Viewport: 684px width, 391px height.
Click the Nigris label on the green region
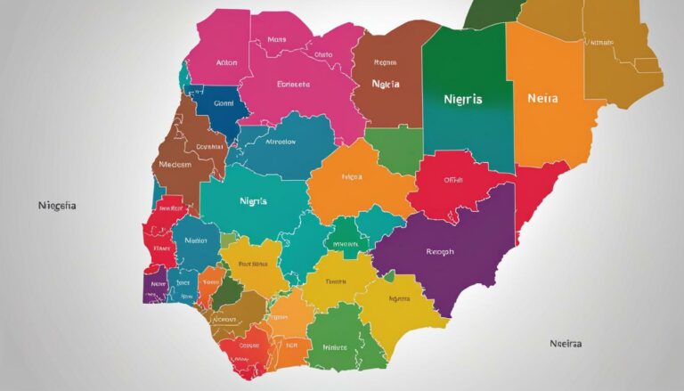point(462,100)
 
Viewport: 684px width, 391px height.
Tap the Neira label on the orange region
point(542,99)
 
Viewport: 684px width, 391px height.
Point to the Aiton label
point(226,64)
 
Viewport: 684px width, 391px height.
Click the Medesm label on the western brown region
point(175,164)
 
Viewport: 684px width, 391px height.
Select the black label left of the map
point(57,205)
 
